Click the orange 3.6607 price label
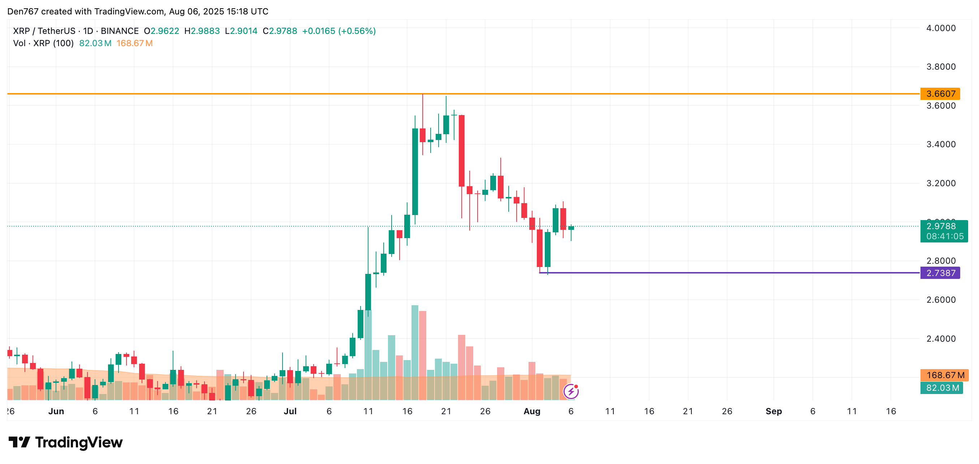(x=940, y=94)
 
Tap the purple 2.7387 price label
(x=940, y=273)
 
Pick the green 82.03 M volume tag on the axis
(x=942, y=388)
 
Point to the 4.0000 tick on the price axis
(x=941, y=28)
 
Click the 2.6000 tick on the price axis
(x=941, y=299)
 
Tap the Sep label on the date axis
(x=773, y=411)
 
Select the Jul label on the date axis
(x=290, y=411)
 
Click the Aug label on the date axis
(x=532, y=411)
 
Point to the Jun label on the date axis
(x=56, y=411)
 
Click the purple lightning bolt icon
(x=571, y=391)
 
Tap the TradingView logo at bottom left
(x=65, y=442)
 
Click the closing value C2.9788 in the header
(x=280, y=31)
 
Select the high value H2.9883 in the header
(x=202, y=31)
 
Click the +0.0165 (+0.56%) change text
(x=338, y=31)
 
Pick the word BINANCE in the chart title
(x=119, y=31)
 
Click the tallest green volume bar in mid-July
(x=415, y=342)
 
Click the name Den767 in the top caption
(x=23, y=12)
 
